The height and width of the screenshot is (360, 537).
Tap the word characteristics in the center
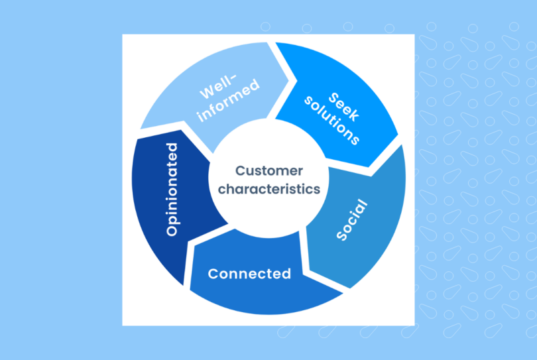(x=268, y=189)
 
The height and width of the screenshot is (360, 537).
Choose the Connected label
(x=249, y=273)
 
